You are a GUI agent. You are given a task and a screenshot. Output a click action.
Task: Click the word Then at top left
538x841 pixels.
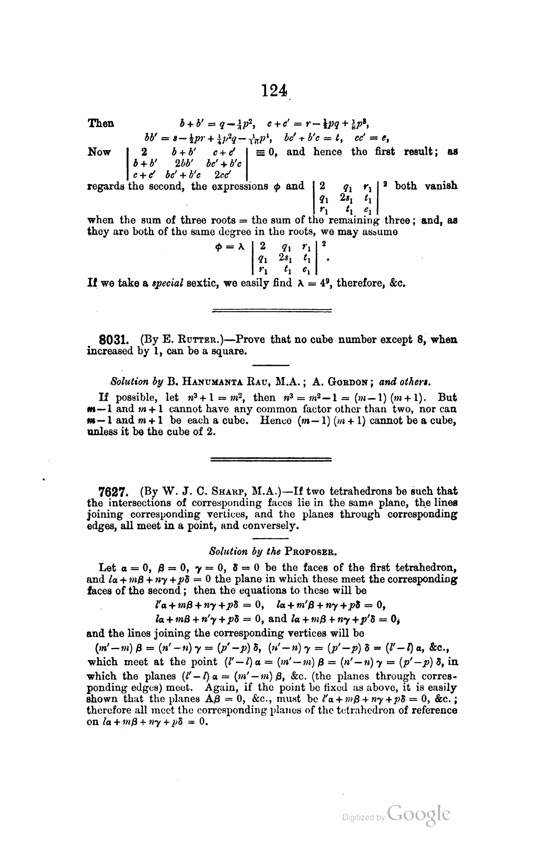click(100, 123)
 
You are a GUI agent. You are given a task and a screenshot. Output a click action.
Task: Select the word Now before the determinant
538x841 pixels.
click(99, 152)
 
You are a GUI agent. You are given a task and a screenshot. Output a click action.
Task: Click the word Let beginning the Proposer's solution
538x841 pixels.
click(107, 568)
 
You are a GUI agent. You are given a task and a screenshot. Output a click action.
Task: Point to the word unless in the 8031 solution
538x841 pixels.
click(100, 432)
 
